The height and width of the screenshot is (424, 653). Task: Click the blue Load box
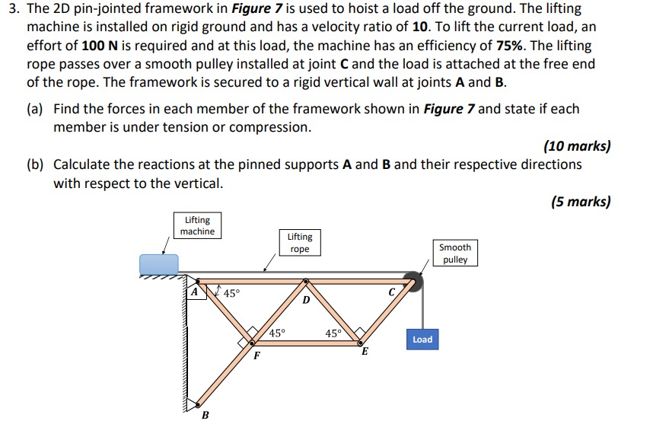tap(422, 340)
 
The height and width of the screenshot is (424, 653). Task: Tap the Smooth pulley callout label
tap(455, 253)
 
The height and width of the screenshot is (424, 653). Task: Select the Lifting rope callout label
tap(300, 243)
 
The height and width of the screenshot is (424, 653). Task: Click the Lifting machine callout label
tap(197, 225)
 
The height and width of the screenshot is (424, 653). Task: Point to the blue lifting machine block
tap(159, 264)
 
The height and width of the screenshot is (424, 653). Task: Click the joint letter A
tap(195, 291)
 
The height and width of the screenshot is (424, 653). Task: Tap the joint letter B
tap(204, 415)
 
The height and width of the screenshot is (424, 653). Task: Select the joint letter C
tap(391, 291)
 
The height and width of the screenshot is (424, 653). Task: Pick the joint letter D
tap(306, 301)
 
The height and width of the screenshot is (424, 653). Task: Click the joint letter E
tap(365, 352)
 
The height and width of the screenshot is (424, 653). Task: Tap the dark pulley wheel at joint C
tap(412, 282)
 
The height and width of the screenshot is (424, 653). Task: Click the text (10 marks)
tap(577, 145)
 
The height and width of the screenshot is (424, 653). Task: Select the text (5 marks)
tap(580, 202)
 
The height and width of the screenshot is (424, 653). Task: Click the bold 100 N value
tap(102, 45)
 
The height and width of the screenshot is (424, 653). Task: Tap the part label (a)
tap(35, 109)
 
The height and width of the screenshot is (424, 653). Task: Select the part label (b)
tap(35, 164)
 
